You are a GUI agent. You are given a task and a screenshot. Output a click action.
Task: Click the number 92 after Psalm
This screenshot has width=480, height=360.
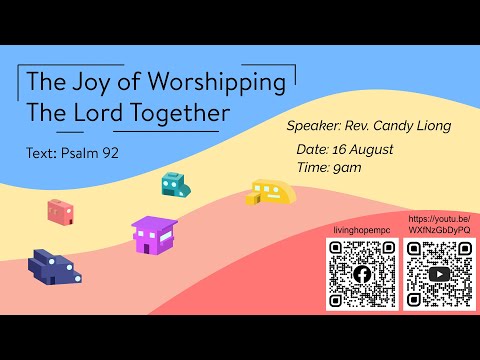tap(111, 154)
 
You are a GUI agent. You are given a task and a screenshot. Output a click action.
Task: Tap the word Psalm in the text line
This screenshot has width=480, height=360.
tap(79, 154)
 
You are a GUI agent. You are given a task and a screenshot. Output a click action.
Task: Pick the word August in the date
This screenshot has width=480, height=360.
tap(369, 149)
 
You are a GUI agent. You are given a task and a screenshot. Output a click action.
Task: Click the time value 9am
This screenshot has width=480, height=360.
tap(348, 167)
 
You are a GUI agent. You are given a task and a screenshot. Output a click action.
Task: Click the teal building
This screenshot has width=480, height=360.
tap(175, 184)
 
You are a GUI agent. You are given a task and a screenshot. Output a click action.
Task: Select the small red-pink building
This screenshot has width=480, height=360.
tap(60, 211)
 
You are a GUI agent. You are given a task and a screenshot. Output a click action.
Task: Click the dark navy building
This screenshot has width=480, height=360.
tap(50, 266)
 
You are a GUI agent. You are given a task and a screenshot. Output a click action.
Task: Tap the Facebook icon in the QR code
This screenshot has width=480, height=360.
tap(361, 274)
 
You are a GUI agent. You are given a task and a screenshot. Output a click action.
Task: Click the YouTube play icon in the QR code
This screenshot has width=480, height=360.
tap(437, 274)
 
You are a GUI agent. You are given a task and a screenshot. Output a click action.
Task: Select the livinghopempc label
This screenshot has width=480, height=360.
tap(361, 230)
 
